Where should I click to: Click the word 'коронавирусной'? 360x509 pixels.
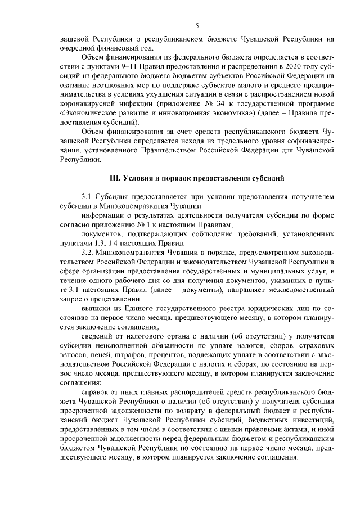86,102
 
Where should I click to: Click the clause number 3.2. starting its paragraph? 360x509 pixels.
91,252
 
